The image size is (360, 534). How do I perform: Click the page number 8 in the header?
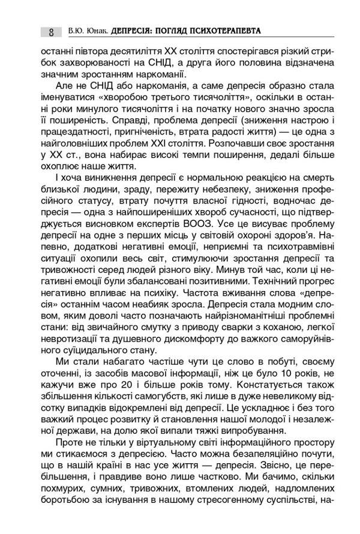coord(52,31)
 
